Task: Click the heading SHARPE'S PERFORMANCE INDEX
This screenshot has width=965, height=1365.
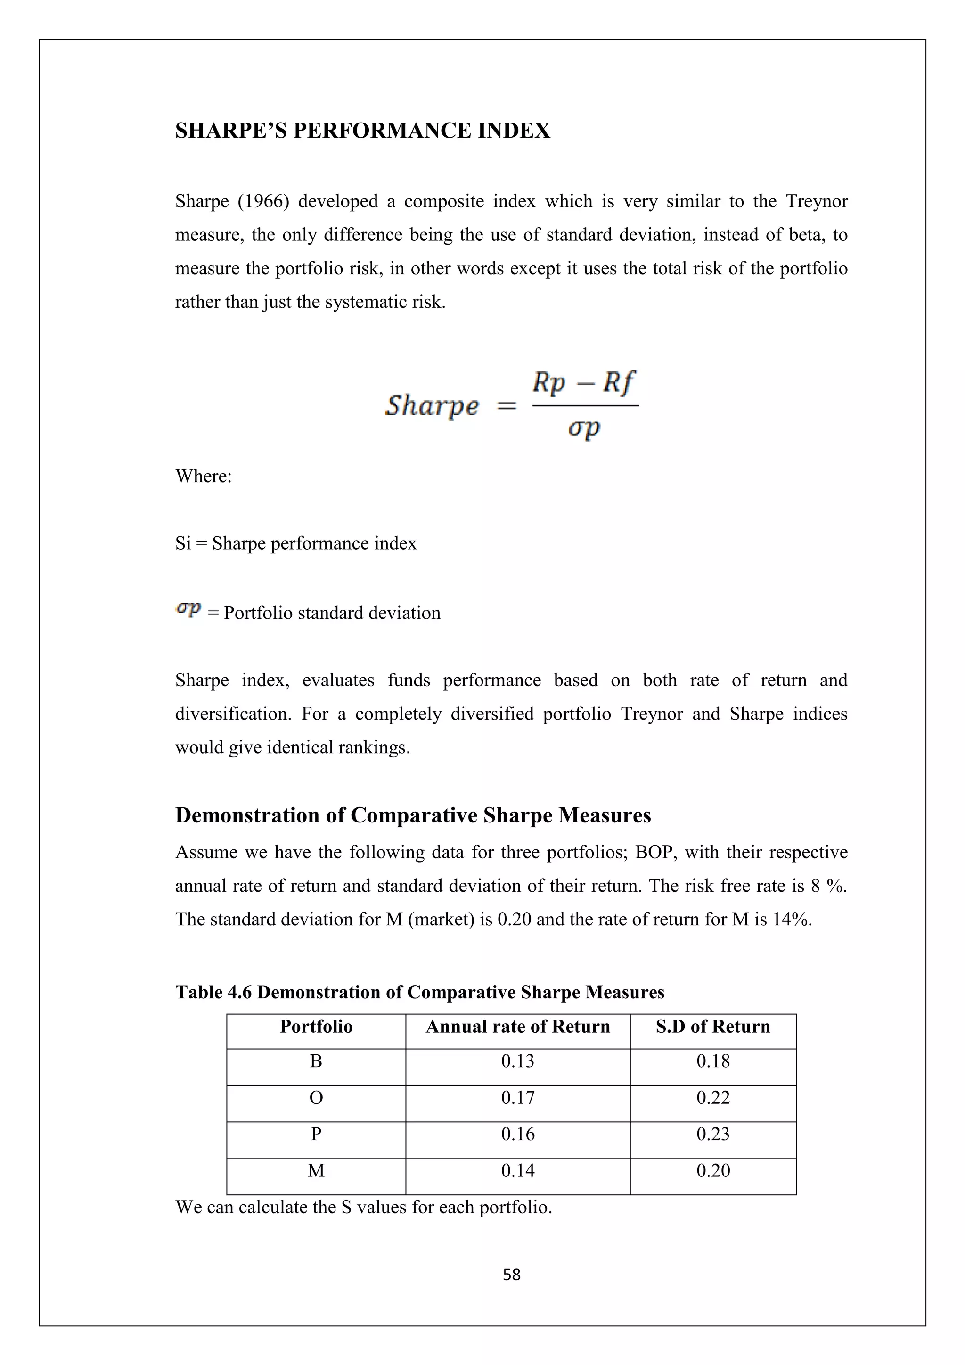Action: (x=362, y=131)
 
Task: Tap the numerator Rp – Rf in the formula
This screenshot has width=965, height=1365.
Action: (x=583, y=382)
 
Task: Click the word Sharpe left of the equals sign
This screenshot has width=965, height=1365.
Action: (x=432, y=405)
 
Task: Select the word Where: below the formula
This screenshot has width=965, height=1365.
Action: (x=203, y=476)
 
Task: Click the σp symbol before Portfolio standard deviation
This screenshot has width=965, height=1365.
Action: (x=189, y=609)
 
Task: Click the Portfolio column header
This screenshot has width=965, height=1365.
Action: (x=316, y=1027)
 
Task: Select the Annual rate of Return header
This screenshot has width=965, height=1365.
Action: (x=517, y=1027)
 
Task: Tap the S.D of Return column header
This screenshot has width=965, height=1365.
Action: (x=712, y=1027)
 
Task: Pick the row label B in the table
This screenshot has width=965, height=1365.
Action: (x=316, y=1061)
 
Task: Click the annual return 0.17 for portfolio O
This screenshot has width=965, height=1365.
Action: (x=517, y=1097)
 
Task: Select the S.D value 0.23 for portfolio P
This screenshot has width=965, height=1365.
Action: (x=712, y=1135)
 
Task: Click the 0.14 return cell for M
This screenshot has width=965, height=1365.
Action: (x=517, y=1171)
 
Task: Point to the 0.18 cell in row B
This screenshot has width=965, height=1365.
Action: (x=712, y=1061)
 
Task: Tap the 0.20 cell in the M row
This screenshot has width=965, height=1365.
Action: (x=712, y=1171)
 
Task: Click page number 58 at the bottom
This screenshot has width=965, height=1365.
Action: (x=512, y=1275)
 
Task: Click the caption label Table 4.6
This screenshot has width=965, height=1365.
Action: (x=213, y=992)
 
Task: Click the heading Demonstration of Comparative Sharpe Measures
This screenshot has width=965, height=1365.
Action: (x=413, y=815)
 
